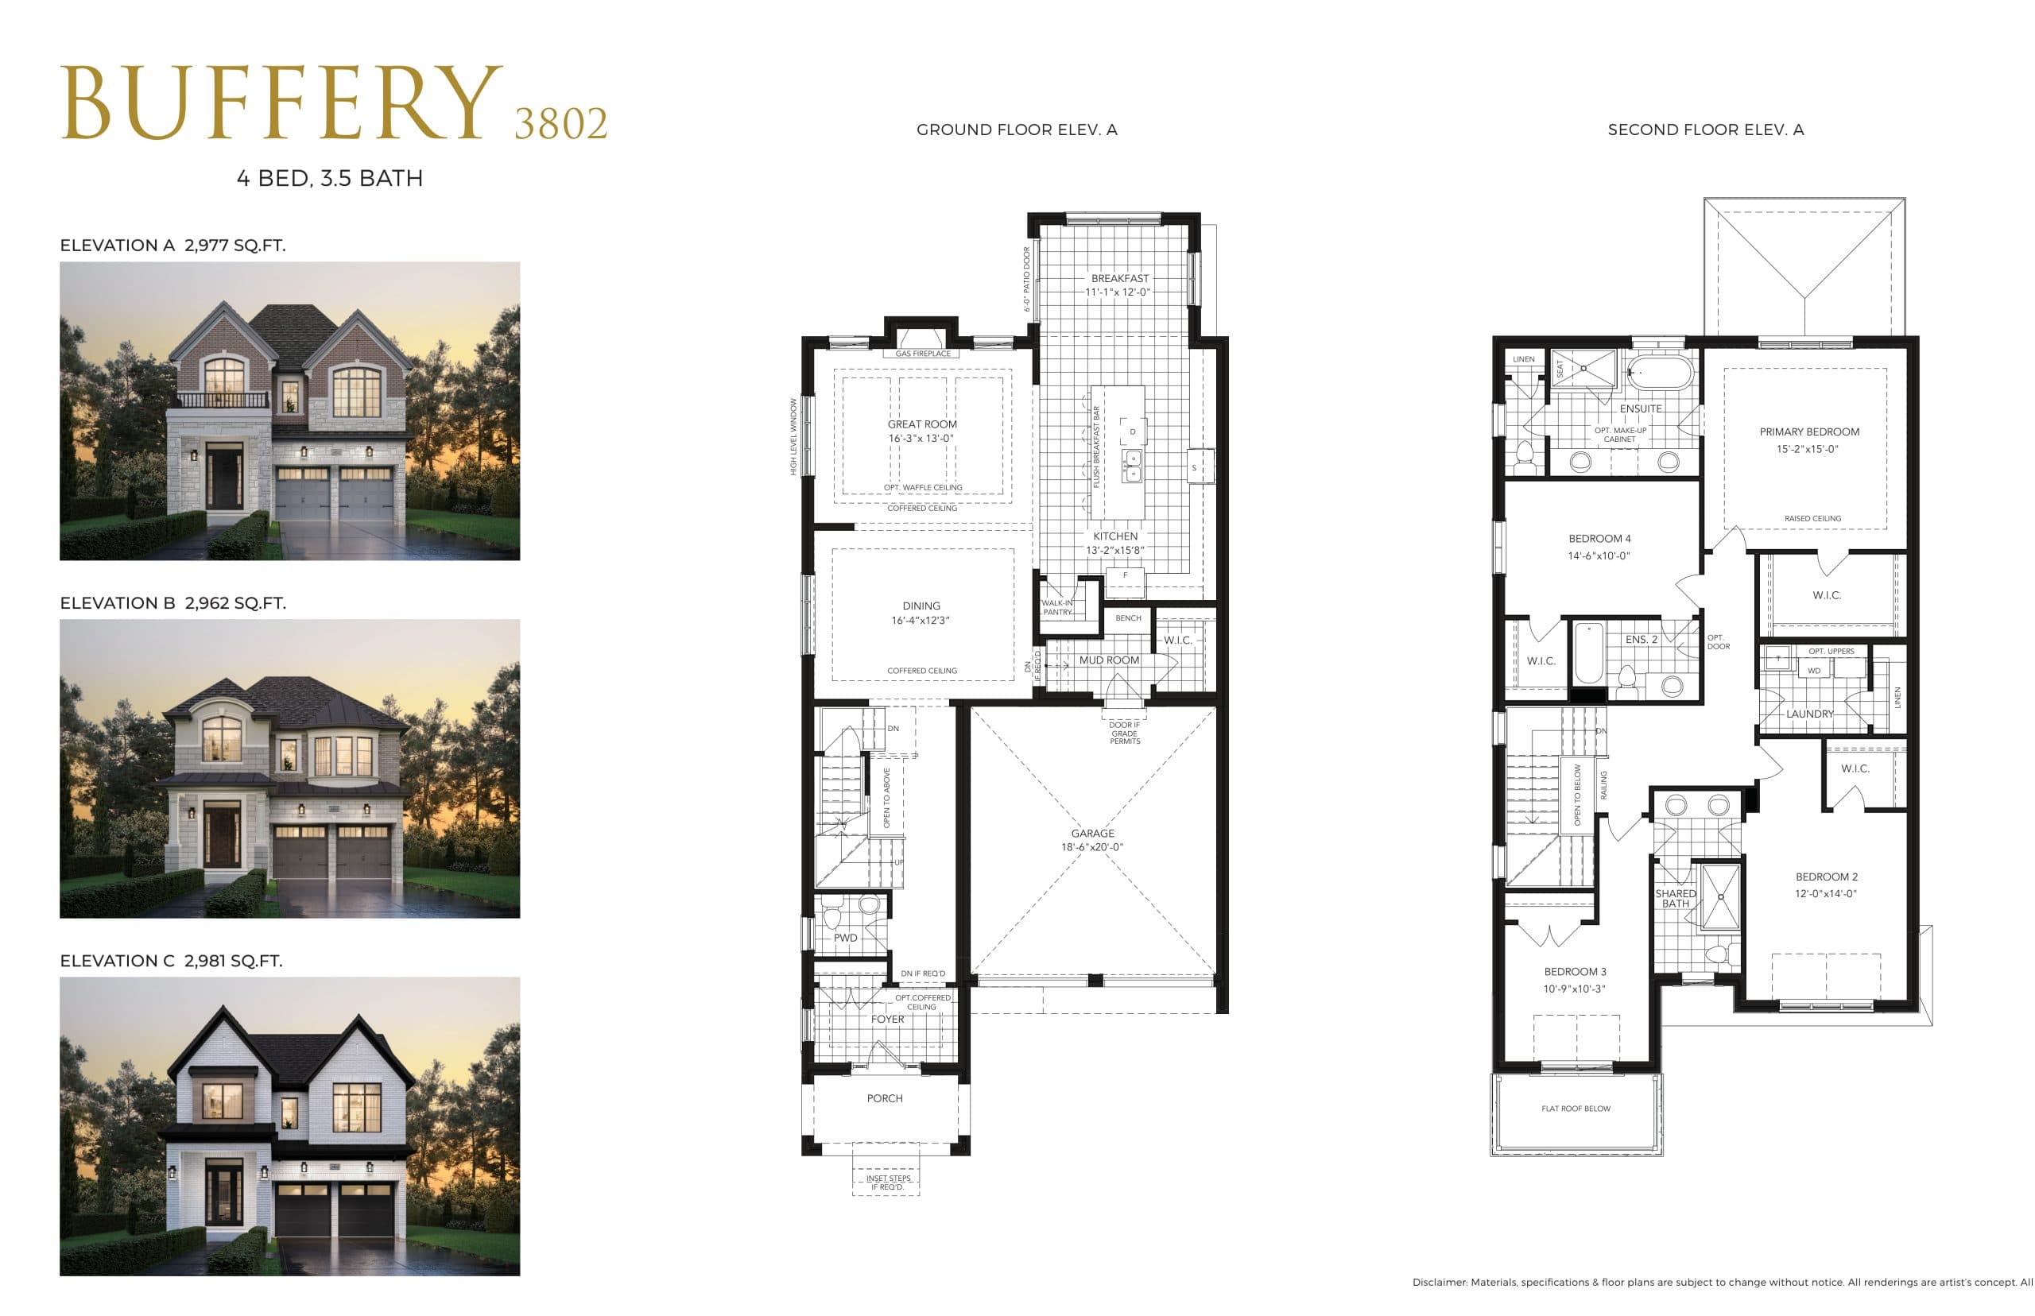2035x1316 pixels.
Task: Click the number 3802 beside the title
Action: [560, 124]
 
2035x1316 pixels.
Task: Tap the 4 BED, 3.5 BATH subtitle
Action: [329, 179]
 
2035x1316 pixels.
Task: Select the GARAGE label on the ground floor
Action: [1092, 833]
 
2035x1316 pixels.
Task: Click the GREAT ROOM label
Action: [921, 424]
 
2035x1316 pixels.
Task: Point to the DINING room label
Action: [921, 606]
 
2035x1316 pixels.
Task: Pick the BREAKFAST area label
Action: [1119, 279]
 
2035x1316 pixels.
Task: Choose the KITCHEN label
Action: [1114, 536]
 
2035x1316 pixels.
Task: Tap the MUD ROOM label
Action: [1109, 660]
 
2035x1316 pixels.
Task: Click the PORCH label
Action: [885, 1098]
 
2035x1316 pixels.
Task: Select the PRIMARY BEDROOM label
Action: [1808, 432]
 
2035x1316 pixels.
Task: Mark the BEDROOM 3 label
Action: [1574, 972]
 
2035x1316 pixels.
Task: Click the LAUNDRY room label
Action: [1809, 714]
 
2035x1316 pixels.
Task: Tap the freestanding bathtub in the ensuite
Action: [1659, 374]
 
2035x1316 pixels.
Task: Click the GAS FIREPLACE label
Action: [922, 354]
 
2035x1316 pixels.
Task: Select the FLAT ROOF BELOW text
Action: [1576, 1109]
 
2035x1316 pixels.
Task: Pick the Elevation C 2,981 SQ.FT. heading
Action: [171, 961]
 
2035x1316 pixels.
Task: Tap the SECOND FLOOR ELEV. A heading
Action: [1705, 130]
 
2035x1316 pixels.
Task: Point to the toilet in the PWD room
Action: [868, 908]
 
